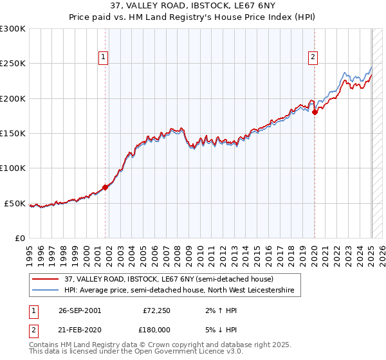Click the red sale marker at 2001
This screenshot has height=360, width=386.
click(x=106, y=188)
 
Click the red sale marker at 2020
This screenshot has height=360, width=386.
click(x=315, y=113)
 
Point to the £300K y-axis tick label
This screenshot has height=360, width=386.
click(x=13, y=29)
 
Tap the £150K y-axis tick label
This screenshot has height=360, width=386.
click(x=13, y=133)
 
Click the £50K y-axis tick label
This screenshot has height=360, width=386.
click(x=15, y=203)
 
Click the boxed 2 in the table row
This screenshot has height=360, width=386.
click(x=33, y=329)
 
